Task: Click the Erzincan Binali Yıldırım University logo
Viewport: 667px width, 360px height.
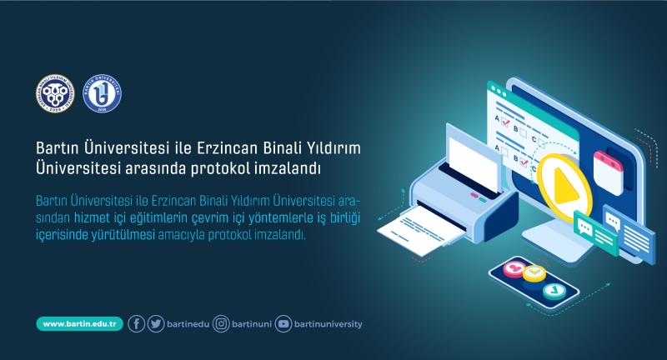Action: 56,95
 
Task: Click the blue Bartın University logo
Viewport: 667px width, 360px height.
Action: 103,95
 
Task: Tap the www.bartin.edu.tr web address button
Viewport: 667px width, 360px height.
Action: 80,324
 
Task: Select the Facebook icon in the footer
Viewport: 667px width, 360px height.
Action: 137,324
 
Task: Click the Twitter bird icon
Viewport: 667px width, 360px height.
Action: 156,324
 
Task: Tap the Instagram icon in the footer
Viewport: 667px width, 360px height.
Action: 221,324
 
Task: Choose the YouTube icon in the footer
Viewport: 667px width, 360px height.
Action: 283,324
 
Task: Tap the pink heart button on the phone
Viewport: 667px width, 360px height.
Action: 514,268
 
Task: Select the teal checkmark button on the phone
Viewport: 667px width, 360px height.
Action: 554,291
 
